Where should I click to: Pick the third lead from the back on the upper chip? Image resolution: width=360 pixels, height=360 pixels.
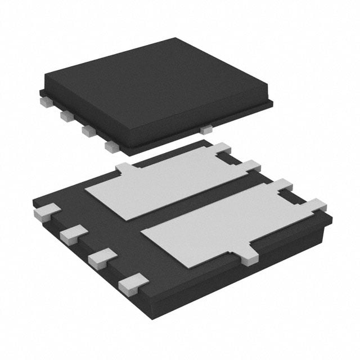click(88, 131)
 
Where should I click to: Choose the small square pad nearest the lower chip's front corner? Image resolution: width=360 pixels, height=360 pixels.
click(133, 283)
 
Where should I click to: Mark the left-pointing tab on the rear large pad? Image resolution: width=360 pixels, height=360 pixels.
click(125, 168)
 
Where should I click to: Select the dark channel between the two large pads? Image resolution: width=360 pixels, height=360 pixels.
click(197, 208)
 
